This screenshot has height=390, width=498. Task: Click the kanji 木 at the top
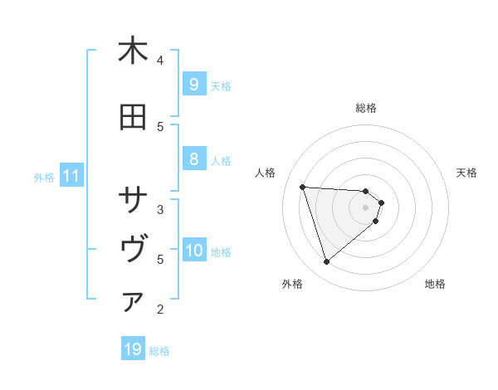tap(133, 51)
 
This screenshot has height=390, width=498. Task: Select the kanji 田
tap(133, 118)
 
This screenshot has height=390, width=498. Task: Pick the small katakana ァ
tap(133, 303)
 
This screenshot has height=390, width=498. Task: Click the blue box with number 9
tap(193, 85)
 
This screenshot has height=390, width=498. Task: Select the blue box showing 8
tap(193, 160)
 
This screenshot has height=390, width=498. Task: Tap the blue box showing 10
tap(194, 251)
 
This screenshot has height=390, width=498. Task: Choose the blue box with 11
tap(71, 176)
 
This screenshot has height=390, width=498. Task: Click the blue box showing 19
tap(133, 349)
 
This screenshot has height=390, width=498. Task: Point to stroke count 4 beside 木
tap(160, 60)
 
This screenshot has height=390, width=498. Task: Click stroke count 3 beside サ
tap(160, 209)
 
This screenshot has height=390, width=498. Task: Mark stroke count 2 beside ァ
tap(160, 310)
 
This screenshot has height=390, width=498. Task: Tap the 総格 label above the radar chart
tap(365, 108)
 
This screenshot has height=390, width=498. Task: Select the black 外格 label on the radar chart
tap(292, 284)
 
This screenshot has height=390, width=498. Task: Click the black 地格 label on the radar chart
tap(435, 284)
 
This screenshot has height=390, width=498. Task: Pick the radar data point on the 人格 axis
tap(303, 187)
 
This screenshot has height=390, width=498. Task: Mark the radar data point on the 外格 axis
tap(326, 261)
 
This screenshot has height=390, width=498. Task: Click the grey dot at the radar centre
tap(365, 207)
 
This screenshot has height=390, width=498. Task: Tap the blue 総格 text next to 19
tap(159, 351)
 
